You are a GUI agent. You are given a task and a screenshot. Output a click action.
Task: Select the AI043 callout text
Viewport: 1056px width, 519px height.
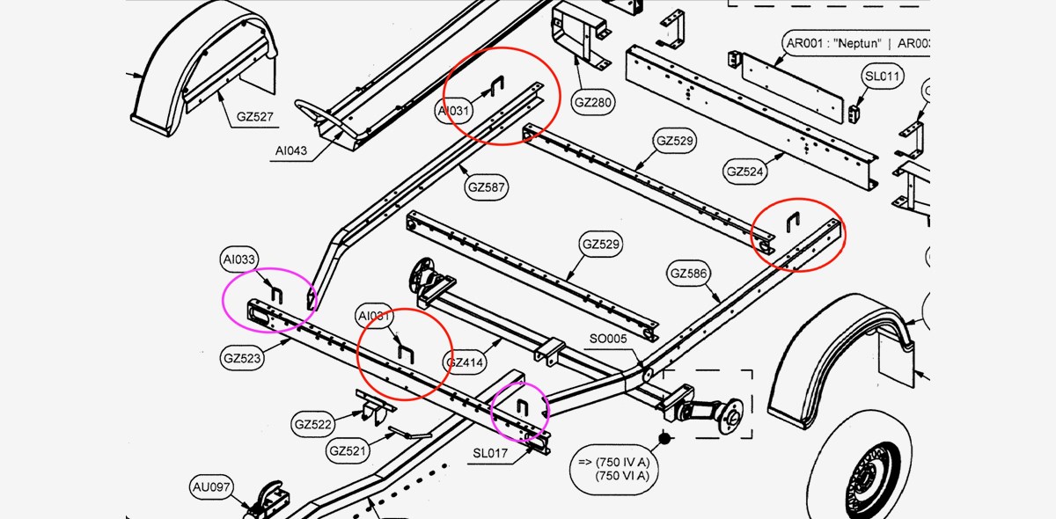(x=290, y=150)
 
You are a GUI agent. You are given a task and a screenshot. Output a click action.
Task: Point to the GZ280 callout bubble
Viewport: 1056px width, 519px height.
(x=593, y=102)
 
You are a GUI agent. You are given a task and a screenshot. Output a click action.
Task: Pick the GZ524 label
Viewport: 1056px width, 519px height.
(x=745, y=171)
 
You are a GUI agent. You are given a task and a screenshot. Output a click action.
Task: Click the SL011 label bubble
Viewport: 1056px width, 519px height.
(x=883, y=77)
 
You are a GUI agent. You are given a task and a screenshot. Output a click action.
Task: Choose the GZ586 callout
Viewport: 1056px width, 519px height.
(x=687, y=274)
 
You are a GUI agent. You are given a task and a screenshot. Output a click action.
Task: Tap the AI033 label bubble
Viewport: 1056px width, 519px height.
(x=239, y=259)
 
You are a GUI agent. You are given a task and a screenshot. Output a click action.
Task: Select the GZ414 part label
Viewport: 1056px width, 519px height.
(x=466, y=362)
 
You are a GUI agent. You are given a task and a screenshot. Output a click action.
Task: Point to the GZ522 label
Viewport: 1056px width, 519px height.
(x=312, y=425)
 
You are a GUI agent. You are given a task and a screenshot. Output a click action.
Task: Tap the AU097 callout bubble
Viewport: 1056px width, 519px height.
(x=211, y=486)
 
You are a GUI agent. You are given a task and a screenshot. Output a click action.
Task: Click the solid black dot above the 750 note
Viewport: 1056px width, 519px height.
(x=665, y=437)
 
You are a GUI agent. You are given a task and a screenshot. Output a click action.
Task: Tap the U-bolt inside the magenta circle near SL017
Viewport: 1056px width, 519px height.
(x=521, y=407)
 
